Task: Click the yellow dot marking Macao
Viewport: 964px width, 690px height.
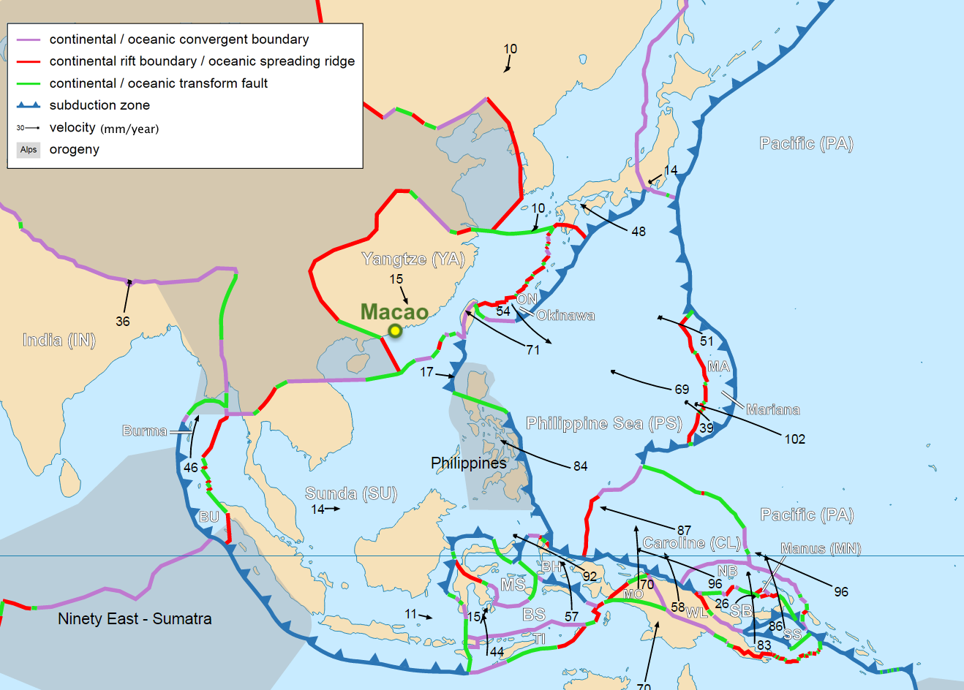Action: click(395, 330)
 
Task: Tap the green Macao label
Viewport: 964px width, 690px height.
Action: click(394, 312)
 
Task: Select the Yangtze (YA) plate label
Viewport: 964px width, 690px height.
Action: click(413, 259)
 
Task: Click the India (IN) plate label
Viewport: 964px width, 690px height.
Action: click(59, 340)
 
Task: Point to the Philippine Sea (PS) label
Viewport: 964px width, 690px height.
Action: click(604, 423)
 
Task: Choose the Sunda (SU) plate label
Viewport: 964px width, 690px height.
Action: click(351, 493)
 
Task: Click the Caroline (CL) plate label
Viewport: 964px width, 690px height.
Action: click(691, 543)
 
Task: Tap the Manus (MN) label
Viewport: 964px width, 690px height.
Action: click(821, 548)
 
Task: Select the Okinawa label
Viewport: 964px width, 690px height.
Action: click(565, 315)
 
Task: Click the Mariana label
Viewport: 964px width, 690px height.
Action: click(772, 409)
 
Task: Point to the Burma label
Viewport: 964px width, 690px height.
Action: click(145, 431)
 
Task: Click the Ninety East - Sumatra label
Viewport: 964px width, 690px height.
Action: click(135, 618)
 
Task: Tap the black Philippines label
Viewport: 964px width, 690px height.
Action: click(468, 463)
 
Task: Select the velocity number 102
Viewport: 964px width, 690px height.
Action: click(794, 439)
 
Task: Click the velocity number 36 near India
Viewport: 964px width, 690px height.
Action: click(123, 321)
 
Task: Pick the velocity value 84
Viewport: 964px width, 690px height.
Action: click(580, 466)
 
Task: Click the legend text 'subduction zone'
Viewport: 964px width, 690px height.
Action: click(99, 105)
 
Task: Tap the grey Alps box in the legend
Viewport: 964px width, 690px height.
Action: click(29, 150)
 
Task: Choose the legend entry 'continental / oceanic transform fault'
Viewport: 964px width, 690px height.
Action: click(159, 83)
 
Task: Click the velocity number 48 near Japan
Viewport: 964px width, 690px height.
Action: click(639, 231)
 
